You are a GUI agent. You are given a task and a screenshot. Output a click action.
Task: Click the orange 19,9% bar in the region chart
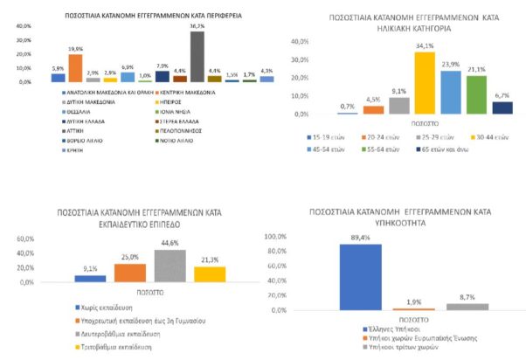[x=75, y=68]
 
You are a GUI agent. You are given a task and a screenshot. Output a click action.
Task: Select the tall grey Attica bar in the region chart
[x=198, y=57]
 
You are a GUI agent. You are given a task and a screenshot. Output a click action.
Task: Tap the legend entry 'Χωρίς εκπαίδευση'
[x=99, y=308]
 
